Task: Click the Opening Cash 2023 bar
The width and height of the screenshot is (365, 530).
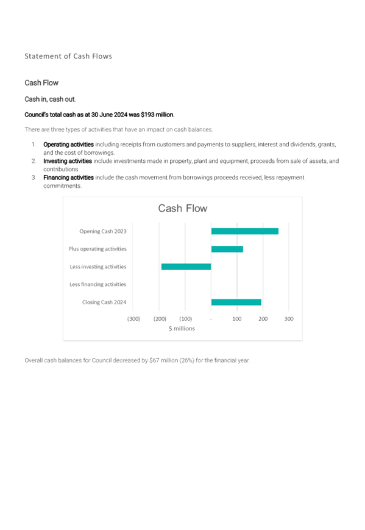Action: click(x=245, y=231)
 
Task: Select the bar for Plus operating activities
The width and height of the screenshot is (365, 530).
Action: click(x=227, y=249)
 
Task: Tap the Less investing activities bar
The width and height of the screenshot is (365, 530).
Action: click(x=186, y=267)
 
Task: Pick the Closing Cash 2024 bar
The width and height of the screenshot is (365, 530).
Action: click(x=236, y=302)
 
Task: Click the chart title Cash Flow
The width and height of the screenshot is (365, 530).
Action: click(x=183, y=208)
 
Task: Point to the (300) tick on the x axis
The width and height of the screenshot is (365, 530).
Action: click(x=133, y=319)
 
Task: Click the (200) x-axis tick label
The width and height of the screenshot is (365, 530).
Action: click(x=160, y=319)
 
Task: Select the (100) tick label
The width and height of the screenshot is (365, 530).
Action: click(x=186, y=319)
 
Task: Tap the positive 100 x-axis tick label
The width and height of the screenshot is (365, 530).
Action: click(x=237, y=319)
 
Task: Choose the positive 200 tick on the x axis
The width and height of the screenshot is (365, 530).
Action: click(x=263, y=319)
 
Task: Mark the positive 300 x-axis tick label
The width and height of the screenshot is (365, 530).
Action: click(x=289, y=319)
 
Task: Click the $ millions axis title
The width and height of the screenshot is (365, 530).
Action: click(x=182, y=329)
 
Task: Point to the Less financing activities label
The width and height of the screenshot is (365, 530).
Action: click(x=98, y=284)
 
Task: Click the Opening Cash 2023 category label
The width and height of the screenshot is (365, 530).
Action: click(x=103, y=231)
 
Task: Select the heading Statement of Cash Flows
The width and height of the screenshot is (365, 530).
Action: click(x=68, y=56)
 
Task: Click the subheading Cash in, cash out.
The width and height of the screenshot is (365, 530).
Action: click(x=51, y=99)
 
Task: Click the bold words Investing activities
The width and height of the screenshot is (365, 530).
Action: click(x=68, y=161)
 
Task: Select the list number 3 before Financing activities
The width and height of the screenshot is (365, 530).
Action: click(x=34, y=177)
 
